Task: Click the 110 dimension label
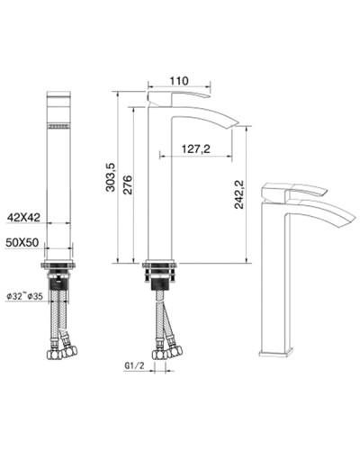click(180, 80)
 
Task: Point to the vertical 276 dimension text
click(128, 184)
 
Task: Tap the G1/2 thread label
click(133, 366)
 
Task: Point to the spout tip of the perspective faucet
click(343, 225)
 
